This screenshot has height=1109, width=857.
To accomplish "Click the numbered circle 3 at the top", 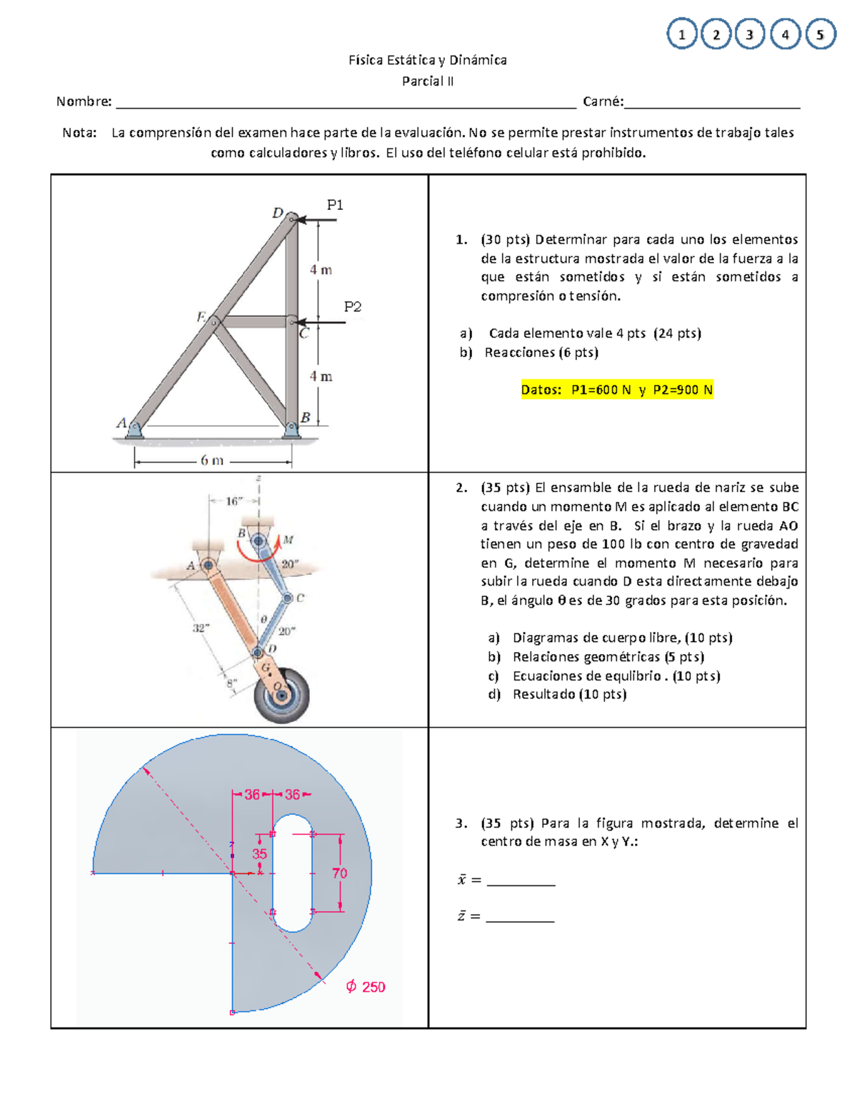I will (750, 34).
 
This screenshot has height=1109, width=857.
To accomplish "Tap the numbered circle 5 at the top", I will (820, 34).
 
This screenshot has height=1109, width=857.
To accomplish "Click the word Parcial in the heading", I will (422, 81).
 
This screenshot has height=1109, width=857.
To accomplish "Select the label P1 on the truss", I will (335, 205).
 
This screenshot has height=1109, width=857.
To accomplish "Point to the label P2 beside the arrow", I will (353, 307).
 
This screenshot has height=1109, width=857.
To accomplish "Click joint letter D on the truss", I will (278, 213).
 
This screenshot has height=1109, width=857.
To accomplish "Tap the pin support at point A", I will (134, 429).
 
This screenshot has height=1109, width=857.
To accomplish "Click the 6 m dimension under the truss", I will (211, 461).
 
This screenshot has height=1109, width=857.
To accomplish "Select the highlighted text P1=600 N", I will (601, 390).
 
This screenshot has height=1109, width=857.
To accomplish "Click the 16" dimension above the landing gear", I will (234, 501).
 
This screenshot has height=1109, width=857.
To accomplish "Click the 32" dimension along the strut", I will (201, 628).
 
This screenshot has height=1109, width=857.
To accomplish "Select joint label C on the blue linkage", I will (301, 598).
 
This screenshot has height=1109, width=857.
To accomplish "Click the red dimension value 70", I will (339, 873).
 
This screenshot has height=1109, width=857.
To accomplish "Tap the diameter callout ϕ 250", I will (366, 987).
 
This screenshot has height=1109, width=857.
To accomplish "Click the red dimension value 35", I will (259, 854).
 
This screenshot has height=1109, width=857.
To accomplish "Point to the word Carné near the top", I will (602, 101).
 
